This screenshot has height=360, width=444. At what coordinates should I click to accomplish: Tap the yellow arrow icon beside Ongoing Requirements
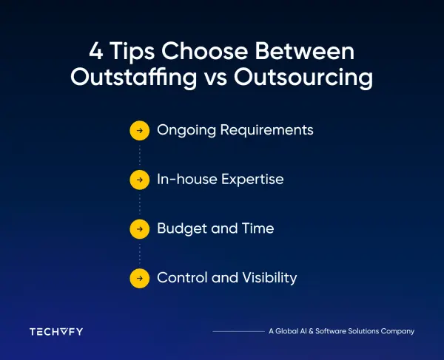pos(138,130)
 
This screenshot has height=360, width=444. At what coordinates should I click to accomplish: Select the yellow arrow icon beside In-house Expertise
pos(138,180)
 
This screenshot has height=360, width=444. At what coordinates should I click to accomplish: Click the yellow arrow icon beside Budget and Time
pos(138,229)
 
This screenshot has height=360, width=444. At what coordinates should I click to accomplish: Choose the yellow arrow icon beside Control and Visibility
pos(138,278)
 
